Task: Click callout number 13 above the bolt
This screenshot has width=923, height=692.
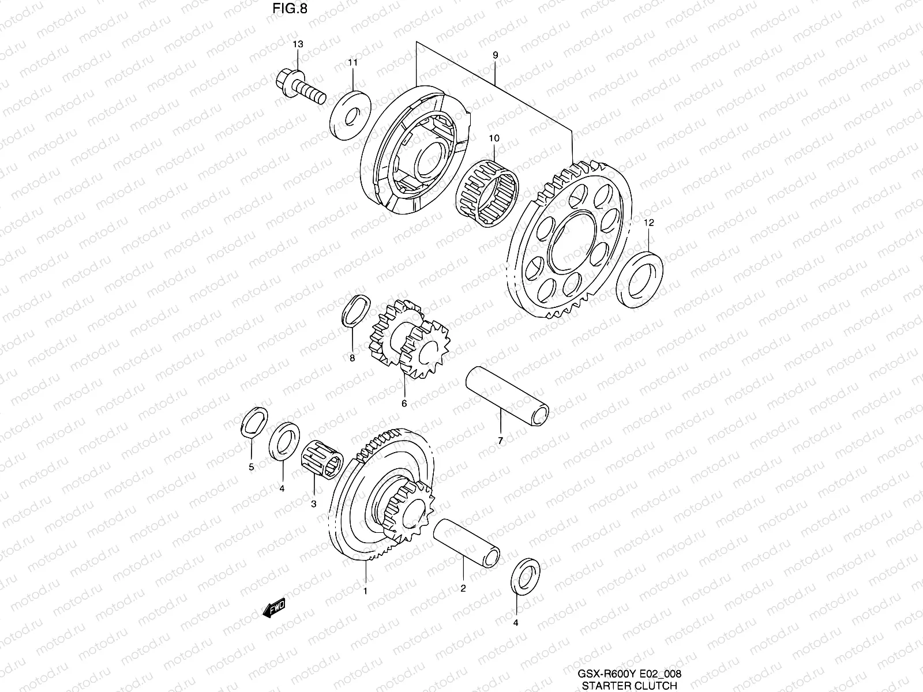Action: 298,44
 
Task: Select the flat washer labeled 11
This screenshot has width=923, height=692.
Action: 350,115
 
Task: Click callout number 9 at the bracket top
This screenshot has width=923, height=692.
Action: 495,55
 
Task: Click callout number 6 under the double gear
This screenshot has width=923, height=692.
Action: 404,403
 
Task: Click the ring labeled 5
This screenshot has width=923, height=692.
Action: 253,426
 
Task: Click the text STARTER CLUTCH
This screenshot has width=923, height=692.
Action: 629,686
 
